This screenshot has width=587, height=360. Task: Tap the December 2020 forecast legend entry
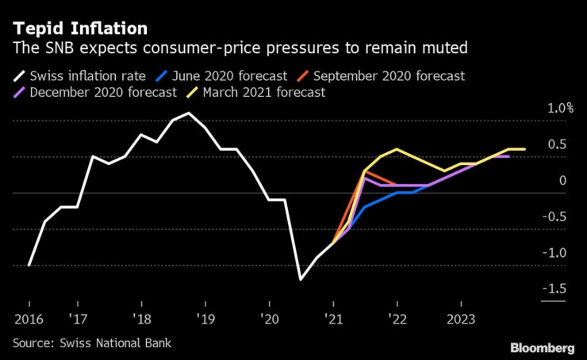(97, 92)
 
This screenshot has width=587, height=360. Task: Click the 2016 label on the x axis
(29, 319)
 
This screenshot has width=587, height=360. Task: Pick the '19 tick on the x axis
(205, 319)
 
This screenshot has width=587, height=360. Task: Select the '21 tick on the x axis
(333, 319)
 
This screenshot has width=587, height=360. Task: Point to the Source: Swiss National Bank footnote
(92, 343)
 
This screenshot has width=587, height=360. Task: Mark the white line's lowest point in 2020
(301, 279)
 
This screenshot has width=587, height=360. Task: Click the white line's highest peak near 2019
(188, 113)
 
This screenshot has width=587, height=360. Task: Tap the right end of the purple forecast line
(508, 156)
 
